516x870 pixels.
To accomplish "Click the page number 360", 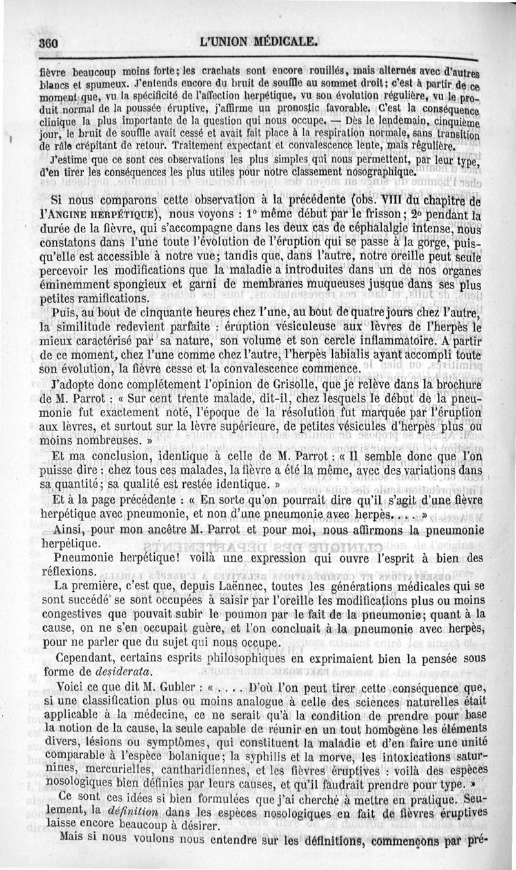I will tap(48, 43).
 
